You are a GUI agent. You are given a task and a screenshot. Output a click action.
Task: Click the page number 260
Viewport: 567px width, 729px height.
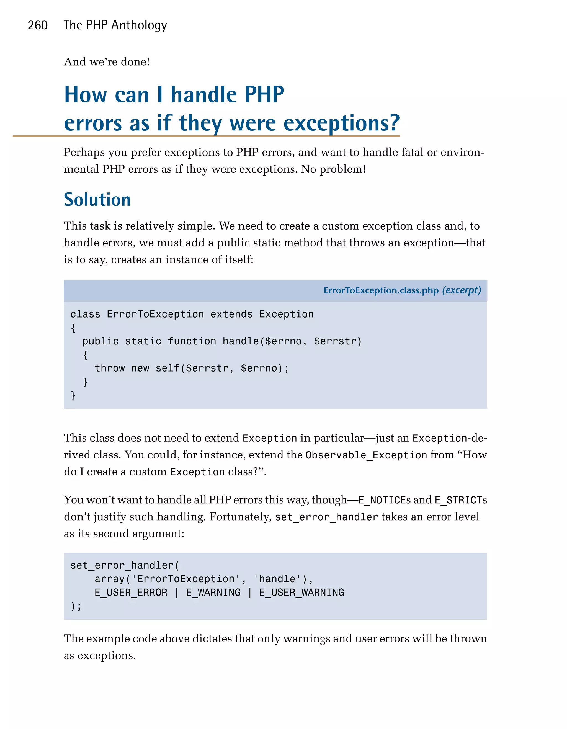click(37, 25)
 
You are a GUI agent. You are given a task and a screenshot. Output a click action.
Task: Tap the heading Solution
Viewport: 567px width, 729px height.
click(97, 200)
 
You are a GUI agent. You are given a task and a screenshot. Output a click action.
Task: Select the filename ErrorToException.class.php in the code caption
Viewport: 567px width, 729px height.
click(381, 290)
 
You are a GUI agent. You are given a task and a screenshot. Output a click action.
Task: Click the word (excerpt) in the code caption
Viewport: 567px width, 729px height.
click(462, 290)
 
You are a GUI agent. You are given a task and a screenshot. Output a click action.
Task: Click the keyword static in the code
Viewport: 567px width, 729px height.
click(143, 341)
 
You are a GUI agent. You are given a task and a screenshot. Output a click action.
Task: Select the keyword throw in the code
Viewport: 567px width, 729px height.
click(110, 368)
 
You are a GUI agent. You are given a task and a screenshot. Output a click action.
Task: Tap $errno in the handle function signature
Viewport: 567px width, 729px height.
click(283, 341)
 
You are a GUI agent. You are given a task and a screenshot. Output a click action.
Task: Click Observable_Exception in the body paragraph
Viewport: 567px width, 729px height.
click(366, 455)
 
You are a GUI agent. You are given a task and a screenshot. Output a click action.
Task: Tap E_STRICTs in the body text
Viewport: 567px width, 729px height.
click(460, 500)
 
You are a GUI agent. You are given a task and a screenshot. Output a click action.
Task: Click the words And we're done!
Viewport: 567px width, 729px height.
click(107, 62)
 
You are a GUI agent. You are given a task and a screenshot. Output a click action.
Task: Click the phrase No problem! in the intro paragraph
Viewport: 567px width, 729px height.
click(333, 169)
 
